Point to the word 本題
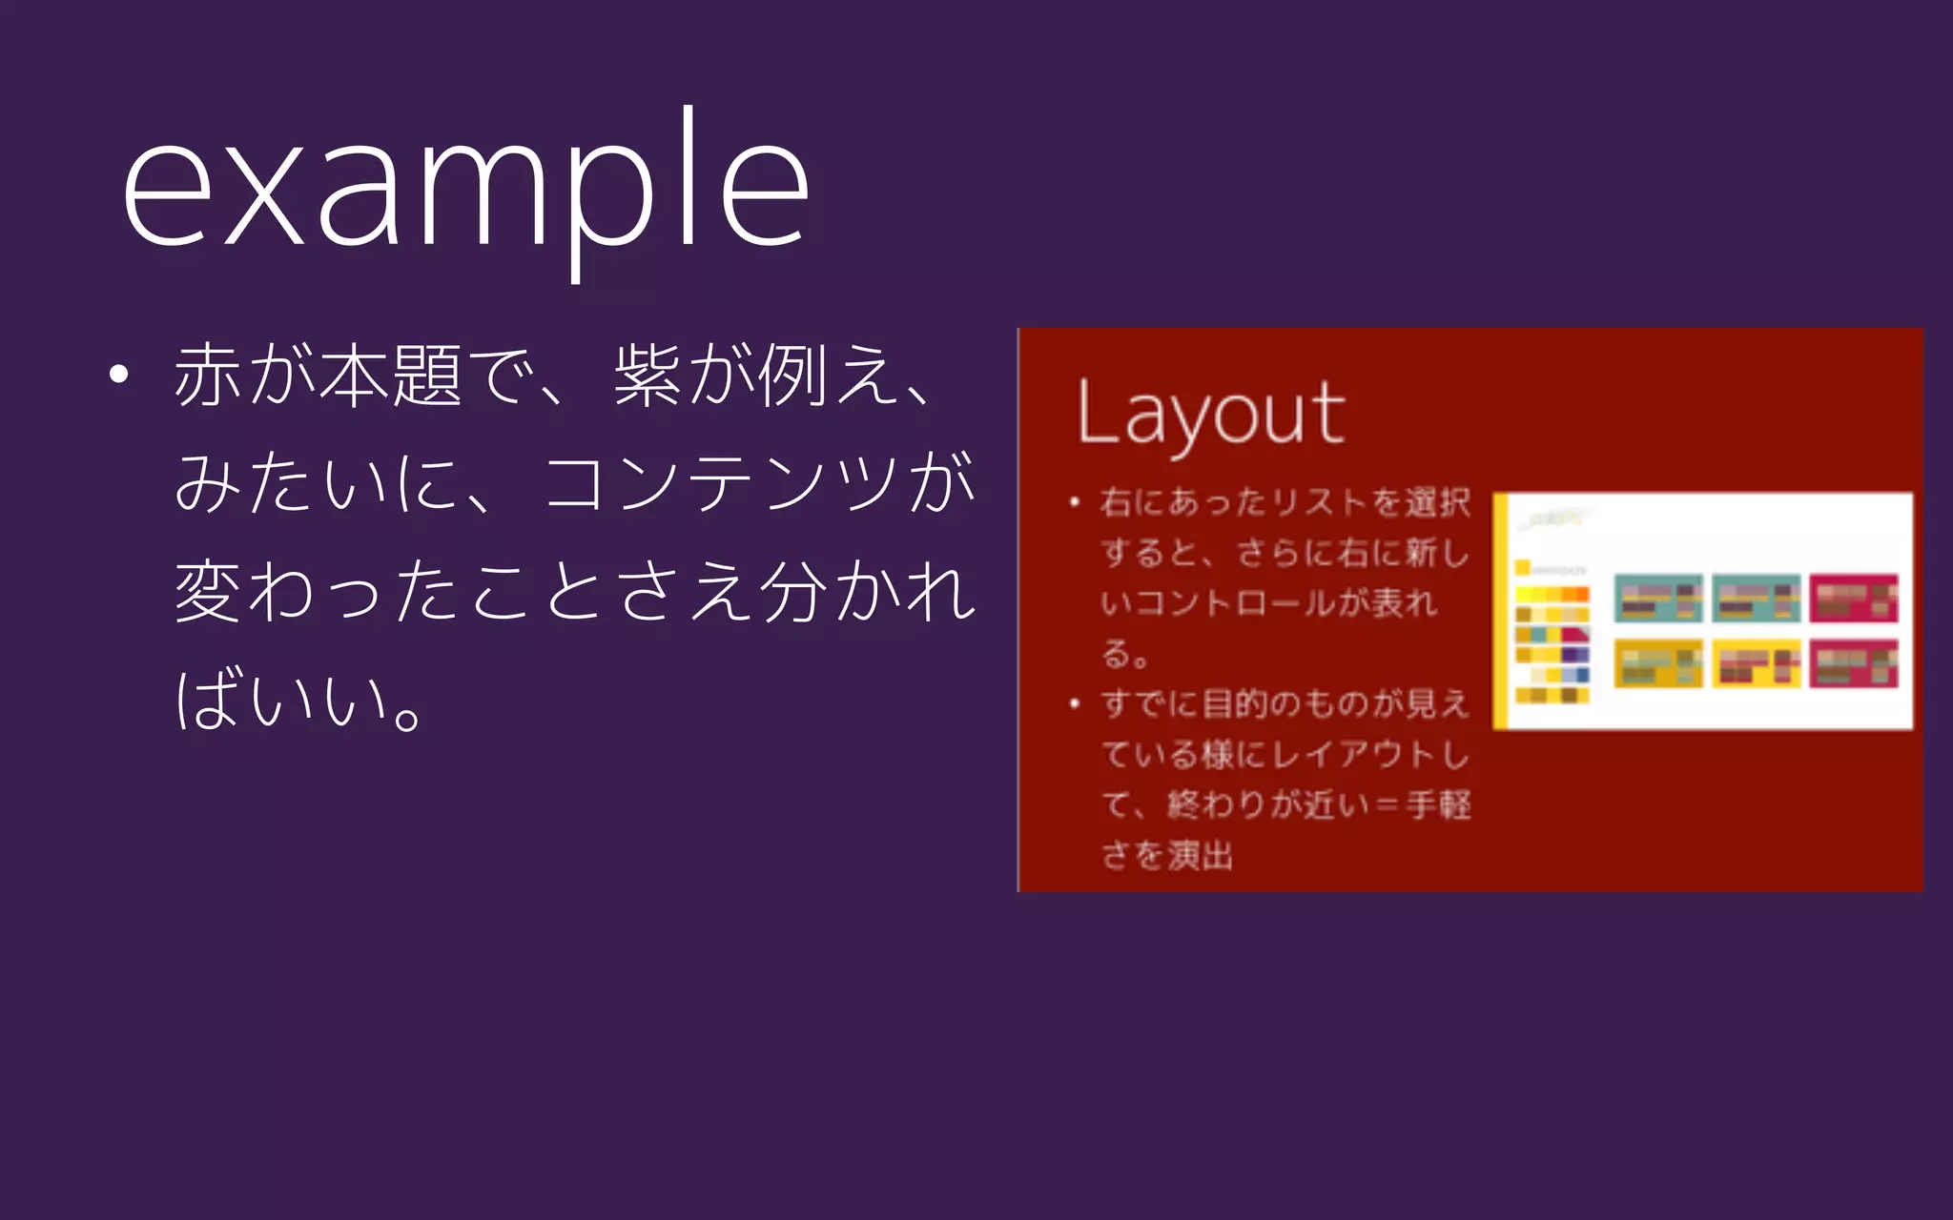[391, 376]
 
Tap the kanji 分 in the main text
[793, 591]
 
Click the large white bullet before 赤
[118, 375]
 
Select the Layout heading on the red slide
[1211, 414]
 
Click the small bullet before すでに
[1075, 704]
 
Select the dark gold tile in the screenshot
[1657, 663]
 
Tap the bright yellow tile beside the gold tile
[1756, 663]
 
